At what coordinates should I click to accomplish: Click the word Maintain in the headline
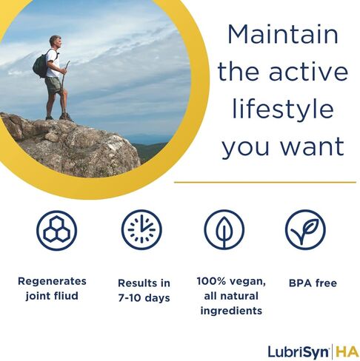(x=282, y=35)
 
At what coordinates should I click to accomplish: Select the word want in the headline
(x=314, y=145)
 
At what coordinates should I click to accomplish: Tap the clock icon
(x=141, y=230)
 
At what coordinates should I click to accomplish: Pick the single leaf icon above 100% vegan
(x=224, y=230)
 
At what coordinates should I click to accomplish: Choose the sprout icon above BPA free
(x=305, y=230)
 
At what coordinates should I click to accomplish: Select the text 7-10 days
(x=144, y=297)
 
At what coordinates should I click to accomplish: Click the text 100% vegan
(x=230, y=281)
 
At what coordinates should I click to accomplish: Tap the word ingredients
(x=230, y=310)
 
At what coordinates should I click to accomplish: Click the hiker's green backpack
(x=39, y=66)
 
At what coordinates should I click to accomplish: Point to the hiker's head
(x=55, y=41)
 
